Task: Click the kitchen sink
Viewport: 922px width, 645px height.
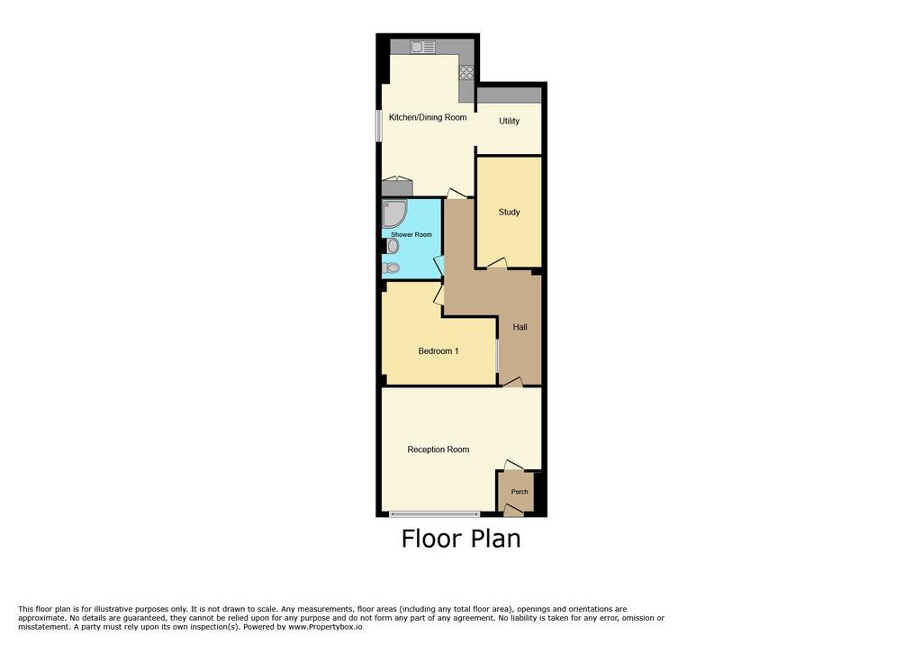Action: [422, 47]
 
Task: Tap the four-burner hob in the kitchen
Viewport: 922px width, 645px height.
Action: [466, 72]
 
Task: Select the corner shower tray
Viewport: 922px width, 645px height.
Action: [394, 213]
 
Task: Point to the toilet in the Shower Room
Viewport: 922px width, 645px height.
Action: [391, 268]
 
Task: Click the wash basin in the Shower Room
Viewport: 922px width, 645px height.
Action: [393, 245]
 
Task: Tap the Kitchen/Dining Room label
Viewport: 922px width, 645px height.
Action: [428, 118]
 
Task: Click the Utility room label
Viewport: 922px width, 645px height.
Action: [510, 122]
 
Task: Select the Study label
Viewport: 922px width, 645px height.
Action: [510, 213]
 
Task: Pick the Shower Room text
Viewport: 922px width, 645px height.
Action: [411, 234]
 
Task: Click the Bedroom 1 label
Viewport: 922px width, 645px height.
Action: [438, 351]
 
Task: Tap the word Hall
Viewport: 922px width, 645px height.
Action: [520, 327]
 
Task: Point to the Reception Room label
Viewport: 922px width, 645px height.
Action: [438, 450]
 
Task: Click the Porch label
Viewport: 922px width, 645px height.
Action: [520, 491]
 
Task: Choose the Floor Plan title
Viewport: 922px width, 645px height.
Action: [461, 539]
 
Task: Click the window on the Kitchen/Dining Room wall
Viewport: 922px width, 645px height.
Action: [379, 125]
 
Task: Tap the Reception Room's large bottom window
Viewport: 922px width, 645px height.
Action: [435, 514]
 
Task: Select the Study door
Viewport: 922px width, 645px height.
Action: [497, 264]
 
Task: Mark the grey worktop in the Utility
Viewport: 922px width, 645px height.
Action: [509, 95]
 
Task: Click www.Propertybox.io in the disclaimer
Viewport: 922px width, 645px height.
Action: [325, 627]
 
